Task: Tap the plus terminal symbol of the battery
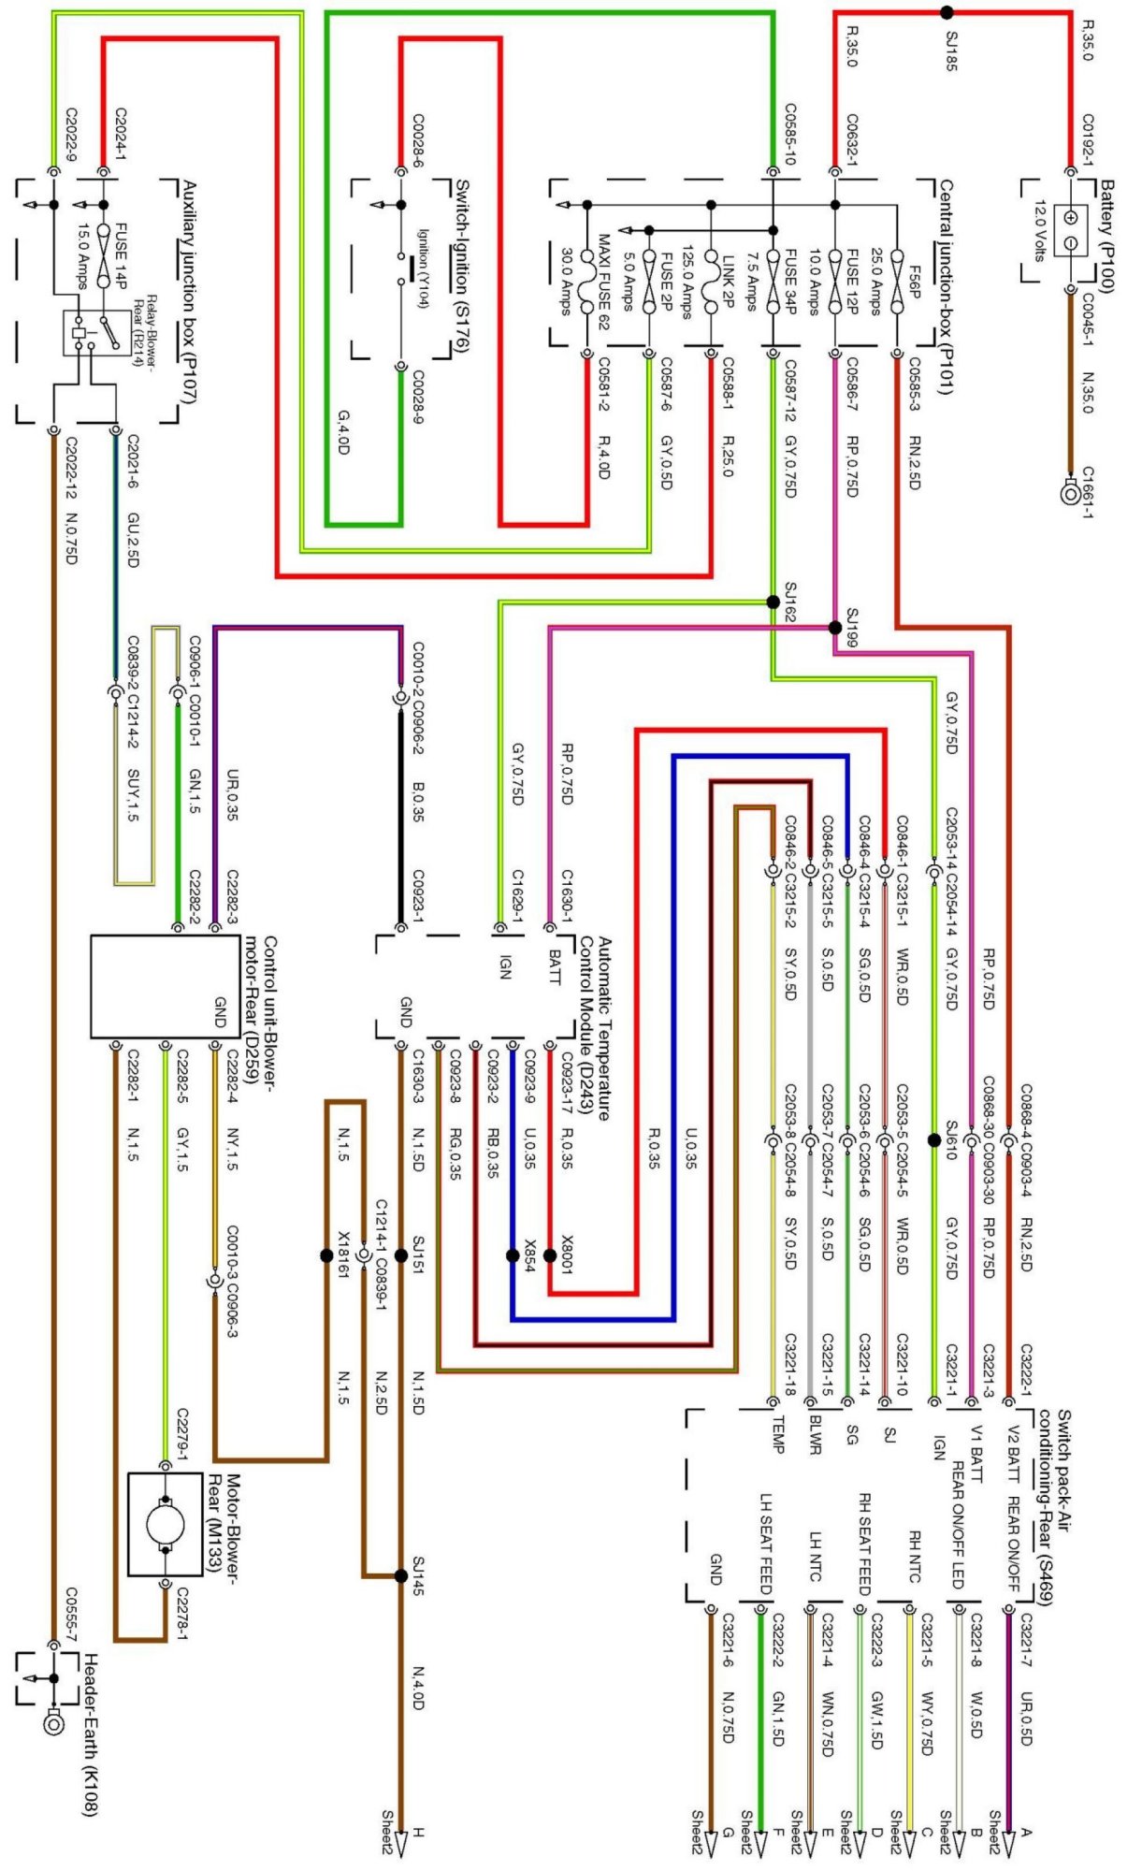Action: tap(1071, 217)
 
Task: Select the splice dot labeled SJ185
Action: tap(947, 13)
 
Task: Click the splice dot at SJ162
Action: tap(773, 602)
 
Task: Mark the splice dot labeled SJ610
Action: tap(933, 1140)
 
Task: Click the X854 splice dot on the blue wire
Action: tap(513, 1255)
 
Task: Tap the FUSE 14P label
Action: tap(120, 254)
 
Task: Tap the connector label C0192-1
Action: tap(1088, 138)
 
